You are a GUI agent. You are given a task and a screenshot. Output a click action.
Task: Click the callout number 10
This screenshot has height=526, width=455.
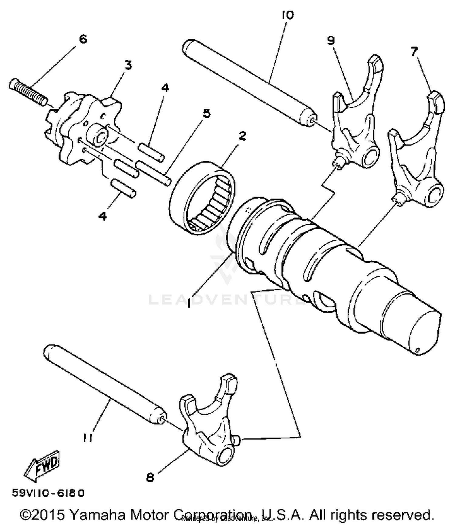pyautogui.click(x=287, y=15)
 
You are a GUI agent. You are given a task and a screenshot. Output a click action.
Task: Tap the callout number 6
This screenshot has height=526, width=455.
pyautogui.click(x=83, y=39)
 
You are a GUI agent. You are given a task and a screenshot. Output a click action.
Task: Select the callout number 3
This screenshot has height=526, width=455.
pyautogui.click(x=128, y=65)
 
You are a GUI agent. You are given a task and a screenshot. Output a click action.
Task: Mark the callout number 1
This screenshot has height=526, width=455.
pyautogui.click(x=189, y=303)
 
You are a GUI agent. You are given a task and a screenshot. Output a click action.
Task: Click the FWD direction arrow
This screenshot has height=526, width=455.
pyautogui.click(x=42, y=466)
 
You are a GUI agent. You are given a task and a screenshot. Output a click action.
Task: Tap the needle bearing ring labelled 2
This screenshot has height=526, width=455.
pyautogui.click(x=203, y=197)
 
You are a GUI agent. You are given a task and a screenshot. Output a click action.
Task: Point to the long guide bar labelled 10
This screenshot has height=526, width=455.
pyautogui.click(x=249, y=82)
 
